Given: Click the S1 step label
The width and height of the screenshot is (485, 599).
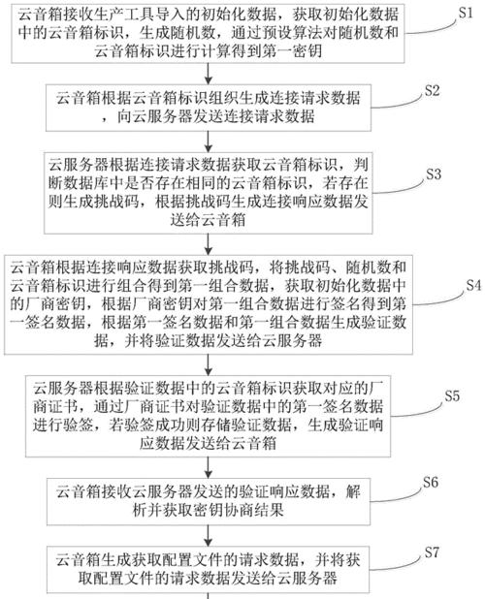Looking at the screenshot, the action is [466, 14].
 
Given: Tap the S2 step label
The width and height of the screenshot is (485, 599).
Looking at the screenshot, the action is [432, 91].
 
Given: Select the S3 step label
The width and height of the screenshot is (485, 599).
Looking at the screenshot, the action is [434, 174].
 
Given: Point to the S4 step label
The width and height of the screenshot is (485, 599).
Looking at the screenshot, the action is [473, 285].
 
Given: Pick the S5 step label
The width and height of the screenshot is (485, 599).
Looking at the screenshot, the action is [452, 395].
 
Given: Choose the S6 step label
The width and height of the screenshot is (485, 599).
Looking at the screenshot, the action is [431, 483].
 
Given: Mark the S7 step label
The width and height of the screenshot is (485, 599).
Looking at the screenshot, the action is [432, 552].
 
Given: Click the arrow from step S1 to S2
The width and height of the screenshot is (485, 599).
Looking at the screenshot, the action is [209, 74].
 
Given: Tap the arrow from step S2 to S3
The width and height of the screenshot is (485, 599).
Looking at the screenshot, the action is [209, 142].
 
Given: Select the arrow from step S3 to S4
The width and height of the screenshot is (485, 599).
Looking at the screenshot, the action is [209, 244].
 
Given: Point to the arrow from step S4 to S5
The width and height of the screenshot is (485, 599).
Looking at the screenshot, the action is [209, 364].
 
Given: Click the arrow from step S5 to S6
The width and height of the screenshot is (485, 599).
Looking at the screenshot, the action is [209, 467].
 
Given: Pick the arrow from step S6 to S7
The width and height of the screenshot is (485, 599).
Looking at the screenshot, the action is [209, 536].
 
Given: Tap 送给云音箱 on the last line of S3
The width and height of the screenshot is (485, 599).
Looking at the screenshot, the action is [208, 220].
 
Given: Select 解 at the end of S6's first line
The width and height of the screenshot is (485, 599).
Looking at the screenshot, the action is [353, 491].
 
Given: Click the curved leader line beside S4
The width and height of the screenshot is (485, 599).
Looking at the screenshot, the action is [438, 299].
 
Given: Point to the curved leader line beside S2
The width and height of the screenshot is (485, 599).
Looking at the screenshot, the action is [398, 103].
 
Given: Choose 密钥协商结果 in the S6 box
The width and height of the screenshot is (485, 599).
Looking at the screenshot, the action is [239, 510].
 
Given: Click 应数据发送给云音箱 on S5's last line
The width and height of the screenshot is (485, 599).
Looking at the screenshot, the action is [208, 443].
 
